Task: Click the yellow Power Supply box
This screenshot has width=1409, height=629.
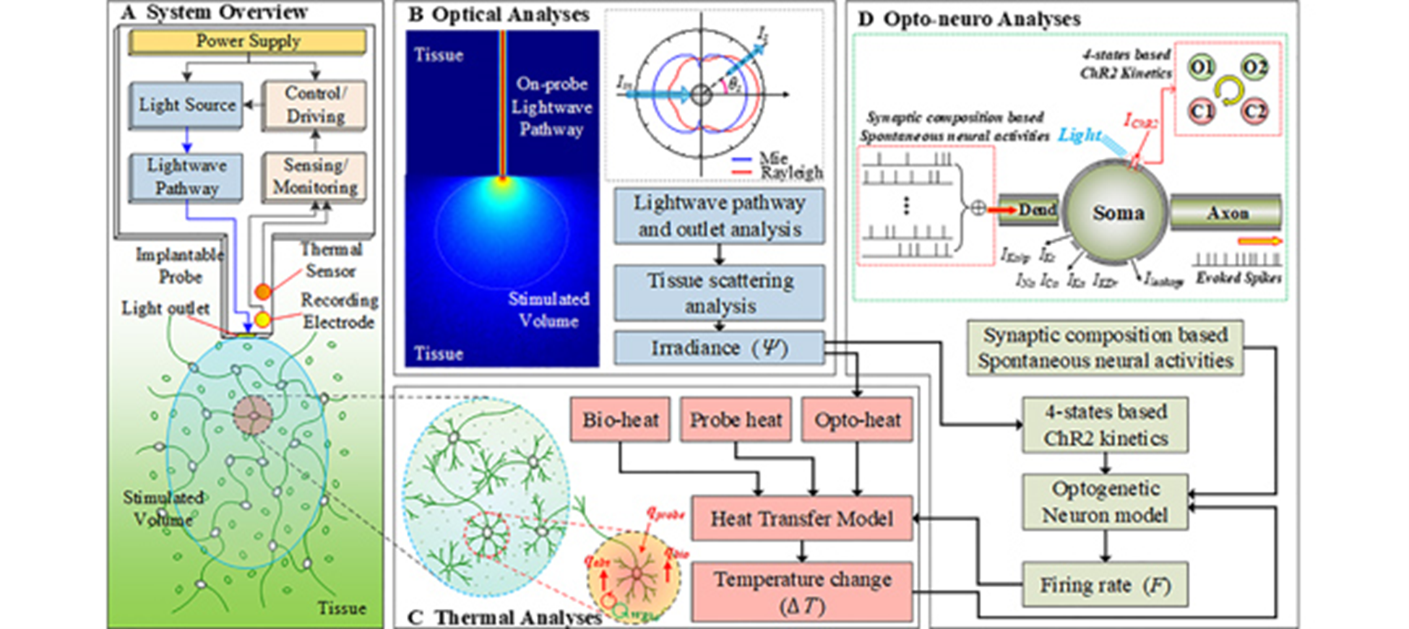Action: pos(247,42)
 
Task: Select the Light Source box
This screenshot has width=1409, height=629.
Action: pos(186,105)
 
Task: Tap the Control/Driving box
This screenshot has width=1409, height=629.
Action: pos(314,105)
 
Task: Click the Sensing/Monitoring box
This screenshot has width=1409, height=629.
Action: pos(314,176)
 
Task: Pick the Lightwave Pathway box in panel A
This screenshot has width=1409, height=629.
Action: pos(186,177)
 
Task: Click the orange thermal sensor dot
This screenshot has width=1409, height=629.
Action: pos(263,292)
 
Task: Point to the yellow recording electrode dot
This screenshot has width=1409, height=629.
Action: pos(262,319)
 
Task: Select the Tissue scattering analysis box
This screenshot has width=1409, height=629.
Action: pos(719,292)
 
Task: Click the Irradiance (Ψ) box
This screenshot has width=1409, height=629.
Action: pos(719,349)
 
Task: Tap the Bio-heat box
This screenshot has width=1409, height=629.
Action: pos(620,420)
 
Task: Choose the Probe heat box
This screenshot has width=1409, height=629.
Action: pos(736,420)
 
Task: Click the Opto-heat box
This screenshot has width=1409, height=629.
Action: pos(857,420)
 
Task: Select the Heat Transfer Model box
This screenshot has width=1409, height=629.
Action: pos(801,519)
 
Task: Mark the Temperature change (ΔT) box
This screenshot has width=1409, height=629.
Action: pos(801,592)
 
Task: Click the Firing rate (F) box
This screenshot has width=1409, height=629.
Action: pos(1105,585)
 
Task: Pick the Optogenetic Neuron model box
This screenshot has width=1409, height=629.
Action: pos(1105,502)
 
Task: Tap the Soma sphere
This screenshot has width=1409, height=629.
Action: pos(1117,213)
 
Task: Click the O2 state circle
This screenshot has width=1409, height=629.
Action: pos(1254,68)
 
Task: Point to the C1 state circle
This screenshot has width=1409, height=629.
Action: pos(1202,112)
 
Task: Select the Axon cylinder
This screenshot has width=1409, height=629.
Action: pos(1226,213)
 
